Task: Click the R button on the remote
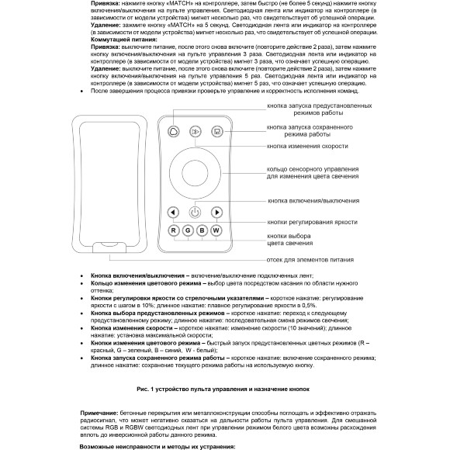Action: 174,230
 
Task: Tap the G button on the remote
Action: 188,230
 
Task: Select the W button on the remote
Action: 216,230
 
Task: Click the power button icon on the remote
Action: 195,212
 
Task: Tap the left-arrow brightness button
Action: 174,212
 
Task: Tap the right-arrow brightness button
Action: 216,212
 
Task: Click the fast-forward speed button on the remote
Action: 195,132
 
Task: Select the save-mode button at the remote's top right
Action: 216,132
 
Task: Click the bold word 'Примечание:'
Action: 101,413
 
